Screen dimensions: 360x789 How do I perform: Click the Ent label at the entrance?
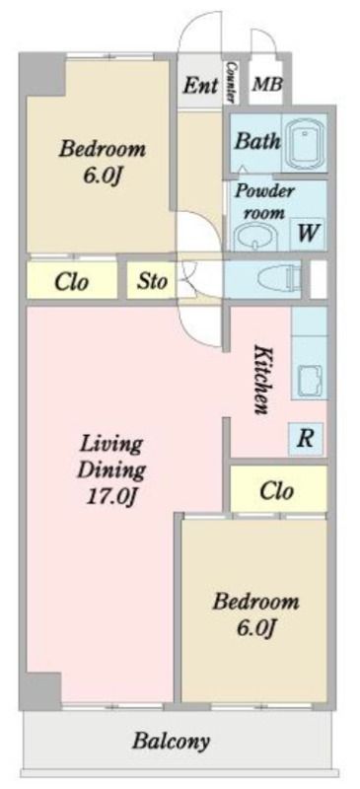pyautogui.click(x=200, y=85)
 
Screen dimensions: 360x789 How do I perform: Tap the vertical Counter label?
pyautogui.click(x=232, y=82)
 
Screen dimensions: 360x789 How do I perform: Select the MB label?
pyautogui.click(x=267, y=84)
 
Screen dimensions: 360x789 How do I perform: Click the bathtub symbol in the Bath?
pyautogui.click(x=304, y=142)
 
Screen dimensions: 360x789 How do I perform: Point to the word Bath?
pyautogui.click(x=257, y=141)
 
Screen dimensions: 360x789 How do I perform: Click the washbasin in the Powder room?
pyautogui.click(x=256, y=236)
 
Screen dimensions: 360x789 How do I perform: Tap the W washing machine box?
pyautogui.click(x=307, y=234)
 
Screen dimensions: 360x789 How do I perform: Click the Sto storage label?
pyautogui.click(x=151, y=281)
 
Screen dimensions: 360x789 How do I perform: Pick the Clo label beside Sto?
pyautogui.click(x=71, y=282)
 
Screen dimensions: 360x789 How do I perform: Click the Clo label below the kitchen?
pyautogui.click(x=277, y=490)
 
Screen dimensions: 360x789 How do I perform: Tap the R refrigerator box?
pyautogui.click(x=306, y=438)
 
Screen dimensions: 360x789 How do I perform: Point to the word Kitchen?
pyautogui.click(x=261, y=380)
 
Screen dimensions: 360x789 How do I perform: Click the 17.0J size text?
pyautogui.click(x=111, y=497)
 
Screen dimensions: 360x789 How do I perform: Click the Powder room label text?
pyautogui.click(x=265, y=201)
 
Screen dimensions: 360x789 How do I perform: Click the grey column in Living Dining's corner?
pyautogui.click(x=43, y=690)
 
